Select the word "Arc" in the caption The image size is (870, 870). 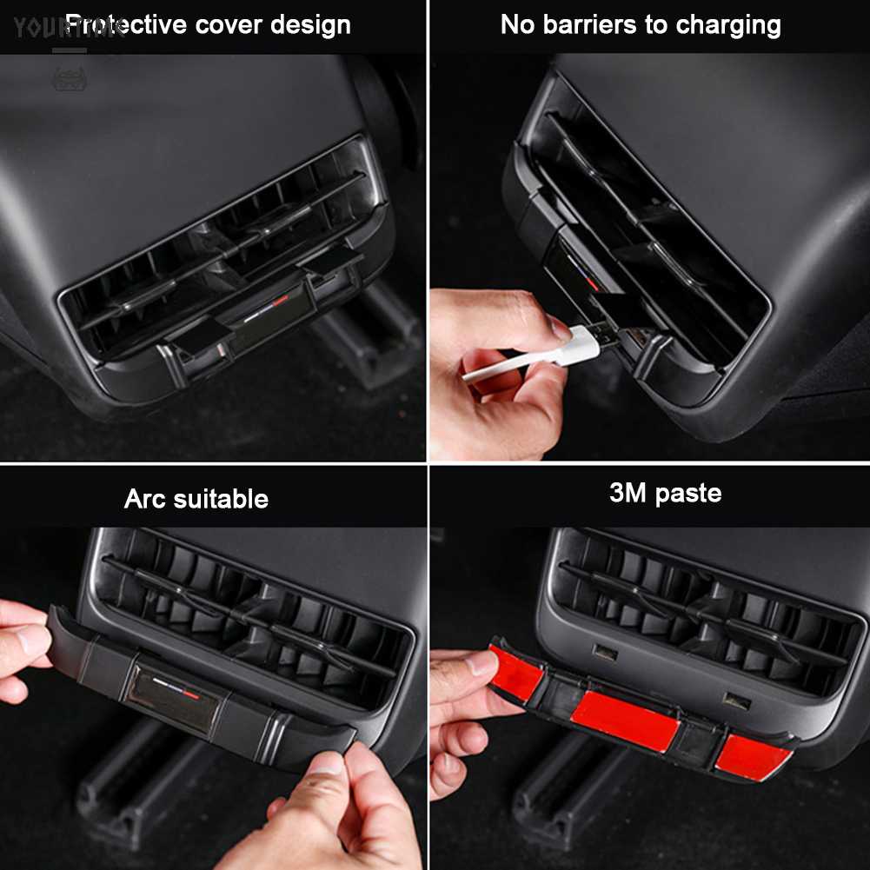145,499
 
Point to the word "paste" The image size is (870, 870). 688,494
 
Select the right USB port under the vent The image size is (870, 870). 737,699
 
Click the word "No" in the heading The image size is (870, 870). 518,24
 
